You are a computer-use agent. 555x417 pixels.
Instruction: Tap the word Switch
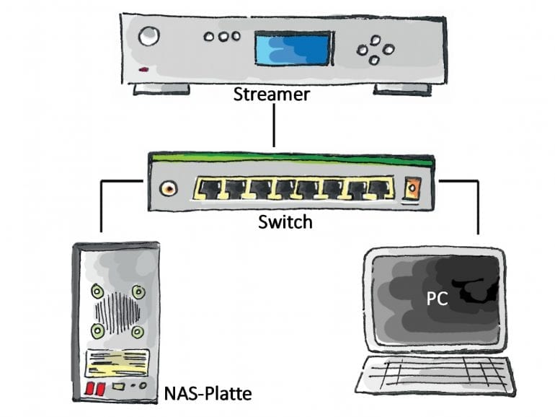pyautogui.click(x=285, y=221)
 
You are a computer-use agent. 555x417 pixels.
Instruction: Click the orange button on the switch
pyautogui.click(x=413, y=190)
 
